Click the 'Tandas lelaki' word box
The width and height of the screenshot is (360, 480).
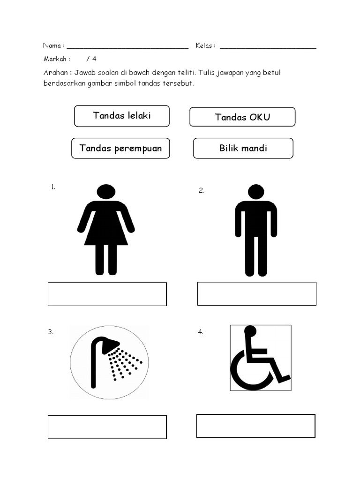point(122,116)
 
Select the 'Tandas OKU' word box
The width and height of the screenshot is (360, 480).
point(242,117)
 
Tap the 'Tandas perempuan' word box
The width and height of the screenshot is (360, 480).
point(120,148)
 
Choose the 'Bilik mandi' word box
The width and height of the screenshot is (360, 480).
point(243,148)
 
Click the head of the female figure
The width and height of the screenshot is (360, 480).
point(106,192)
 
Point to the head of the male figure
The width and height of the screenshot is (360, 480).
point(256,192)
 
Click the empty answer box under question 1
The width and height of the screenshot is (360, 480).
point(107,294)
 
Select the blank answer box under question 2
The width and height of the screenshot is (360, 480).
point(257,293)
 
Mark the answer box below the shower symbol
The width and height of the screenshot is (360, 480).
point(107,427)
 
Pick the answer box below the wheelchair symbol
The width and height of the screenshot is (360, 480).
point(256,426)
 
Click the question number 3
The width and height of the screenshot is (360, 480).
point(51,332)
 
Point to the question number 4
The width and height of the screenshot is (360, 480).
point(201,332)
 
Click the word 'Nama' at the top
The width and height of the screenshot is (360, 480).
point(52,45)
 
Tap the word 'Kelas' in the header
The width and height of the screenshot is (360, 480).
point(204,45)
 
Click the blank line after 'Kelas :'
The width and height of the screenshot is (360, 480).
point(268,47)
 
